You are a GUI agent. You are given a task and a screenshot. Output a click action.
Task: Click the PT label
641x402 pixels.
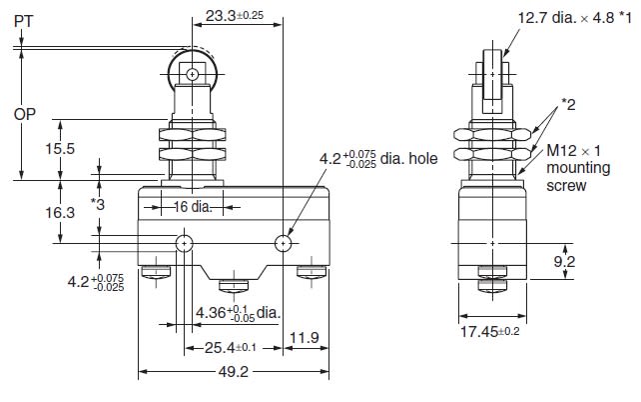23,21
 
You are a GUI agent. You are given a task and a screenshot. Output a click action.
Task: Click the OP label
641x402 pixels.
25,114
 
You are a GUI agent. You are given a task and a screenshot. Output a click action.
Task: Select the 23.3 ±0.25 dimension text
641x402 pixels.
235,16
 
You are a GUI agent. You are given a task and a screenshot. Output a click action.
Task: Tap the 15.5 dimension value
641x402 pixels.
60,149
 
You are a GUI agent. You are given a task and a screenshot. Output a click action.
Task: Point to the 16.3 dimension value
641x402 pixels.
60,213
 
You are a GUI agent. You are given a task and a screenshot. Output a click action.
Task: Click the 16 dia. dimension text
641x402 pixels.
193,207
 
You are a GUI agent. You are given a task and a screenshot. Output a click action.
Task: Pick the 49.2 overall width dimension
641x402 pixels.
233,372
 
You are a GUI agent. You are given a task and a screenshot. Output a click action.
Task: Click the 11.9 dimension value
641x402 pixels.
305,338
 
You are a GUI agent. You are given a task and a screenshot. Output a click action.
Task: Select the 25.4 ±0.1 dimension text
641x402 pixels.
231,348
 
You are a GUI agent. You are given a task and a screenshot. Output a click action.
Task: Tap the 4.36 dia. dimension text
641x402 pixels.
239,314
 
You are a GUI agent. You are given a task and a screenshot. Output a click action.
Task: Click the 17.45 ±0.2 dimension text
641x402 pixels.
490,332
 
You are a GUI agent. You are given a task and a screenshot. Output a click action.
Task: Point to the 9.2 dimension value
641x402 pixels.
564,262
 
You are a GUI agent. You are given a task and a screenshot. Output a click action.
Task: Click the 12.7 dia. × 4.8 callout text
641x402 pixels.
574,18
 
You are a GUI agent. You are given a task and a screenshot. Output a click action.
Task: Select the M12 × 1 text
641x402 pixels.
573,151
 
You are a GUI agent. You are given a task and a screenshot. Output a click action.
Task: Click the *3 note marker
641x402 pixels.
98,204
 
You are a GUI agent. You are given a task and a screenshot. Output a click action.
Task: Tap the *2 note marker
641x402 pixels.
568,105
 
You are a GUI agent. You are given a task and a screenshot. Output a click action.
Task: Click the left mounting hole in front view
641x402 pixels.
185,244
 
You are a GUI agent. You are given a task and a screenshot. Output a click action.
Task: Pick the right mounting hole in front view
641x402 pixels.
283,244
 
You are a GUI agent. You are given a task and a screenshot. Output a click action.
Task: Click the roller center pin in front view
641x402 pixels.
192,75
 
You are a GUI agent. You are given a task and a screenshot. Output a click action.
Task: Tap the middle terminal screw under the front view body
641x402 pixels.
234,286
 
